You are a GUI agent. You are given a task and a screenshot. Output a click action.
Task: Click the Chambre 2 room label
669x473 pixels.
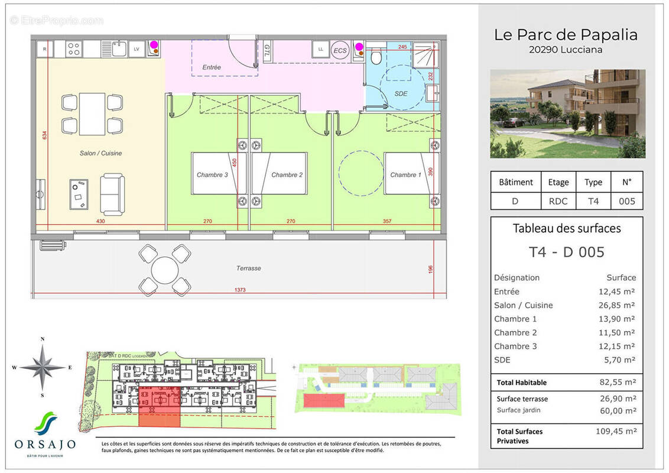[x=287, y=175]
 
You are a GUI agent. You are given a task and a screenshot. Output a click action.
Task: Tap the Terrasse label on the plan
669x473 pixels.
[x=248, y=268]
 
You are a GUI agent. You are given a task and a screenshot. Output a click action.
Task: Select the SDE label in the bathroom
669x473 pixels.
[x=401, y=93]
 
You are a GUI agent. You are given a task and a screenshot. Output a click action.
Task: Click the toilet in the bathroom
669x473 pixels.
[x=375, y=56]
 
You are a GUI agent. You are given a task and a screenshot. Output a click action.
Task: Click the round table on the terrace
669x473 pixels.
[x=164, y=270]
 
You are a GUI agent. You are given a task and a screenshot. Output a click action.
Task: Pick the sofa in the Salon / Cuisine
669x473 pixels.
[x=112, y=195]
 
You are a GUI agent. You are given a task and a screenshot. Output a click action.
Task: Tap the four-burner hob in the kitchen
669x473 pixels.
[x=74, y=49]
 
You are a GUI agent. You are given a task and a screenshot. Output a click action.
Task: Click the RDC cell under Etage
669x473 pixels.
[x=558, y=201]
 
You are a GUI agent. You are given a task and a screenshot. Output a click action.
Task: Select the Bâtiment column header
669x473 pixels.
[x=516, y=182]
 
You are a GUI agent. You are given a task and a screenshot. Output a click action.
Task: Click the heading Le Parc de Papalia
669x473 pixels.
[x=566, y=35]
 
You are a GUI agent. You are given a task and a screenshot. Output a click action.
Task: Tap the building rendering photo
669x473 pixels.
[x=567, y=114]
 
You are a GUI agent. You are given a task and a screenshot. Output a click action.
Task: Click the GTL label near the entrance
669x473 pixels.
[x=267, y=48]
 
